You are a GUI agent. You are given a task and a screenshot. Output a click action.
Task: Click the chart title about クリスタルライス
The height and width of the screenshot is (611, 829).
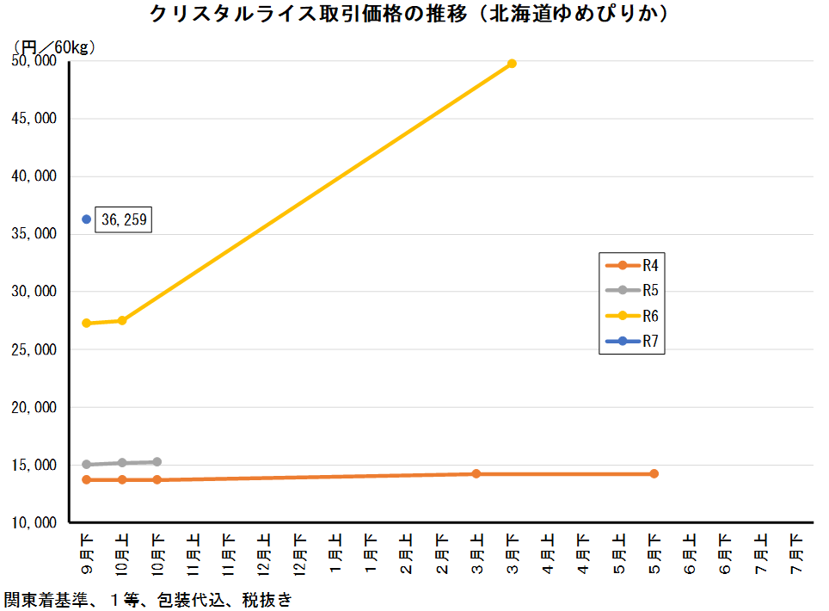[410, 15]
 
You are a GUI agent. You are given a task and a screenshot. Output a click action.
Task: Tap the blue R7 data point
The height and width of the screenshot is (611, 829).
[86, 219]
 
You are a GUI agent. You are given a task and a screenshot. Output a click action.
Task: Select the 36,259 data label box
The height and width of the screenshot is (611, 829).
[124, 220]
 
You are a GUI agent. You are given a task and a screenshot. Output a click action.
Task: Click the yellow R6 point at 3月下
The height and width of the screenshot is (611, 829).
[512, 63]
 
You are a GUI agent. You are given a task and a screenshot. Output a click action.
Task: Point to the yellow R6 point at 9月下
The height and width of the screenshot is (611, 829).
[86, 323]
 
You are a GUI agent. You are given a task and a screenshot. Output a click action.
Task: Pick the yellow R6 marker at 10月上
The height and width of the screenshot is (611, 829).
[122, 320]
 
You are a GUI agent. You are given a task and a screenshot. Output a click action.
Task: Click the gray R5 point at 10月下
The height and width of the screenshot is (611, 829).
[157, 462]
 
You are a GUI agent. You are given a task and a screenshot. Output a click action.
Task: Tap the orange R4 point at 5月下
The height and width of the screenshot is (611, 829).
[654, 473]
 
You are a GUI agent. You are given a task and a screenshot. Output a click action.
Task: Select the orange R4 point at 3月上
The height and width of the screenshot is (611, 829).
[476, 473]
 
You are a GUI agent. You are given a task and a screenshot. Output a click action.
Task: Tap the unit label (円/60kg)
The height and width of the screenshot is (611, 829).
[53, 47]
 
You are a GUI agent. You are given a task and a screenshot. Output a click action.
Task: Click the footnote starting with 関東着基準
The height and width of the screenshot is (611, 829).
[147, 599]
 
